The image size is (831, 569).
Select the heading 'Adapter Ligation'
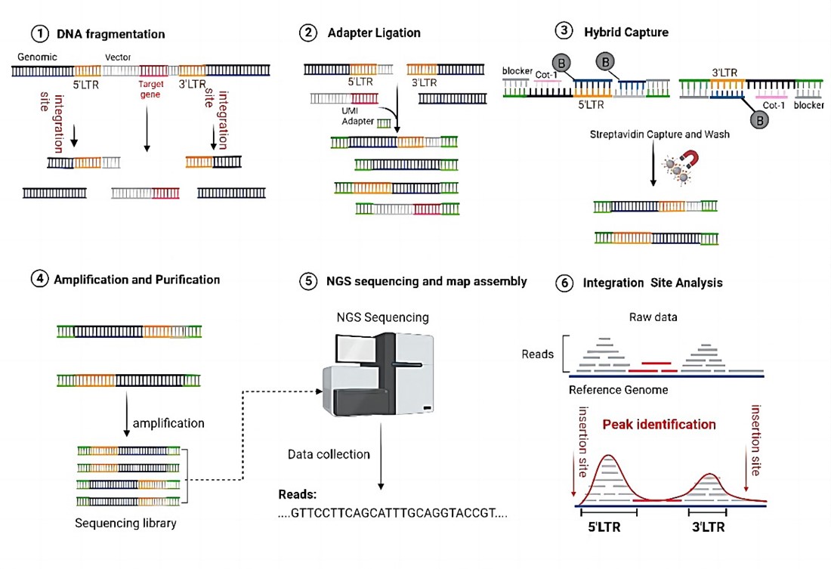[374, 33]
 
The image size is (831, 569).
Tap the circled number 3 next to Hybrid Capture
[564, 32]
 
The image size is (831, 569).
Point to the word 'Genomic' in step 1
[31, 58]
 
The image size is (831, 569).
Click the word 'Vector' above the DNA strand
[119, 58]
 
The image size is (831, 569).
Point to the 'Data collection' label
[329, 454]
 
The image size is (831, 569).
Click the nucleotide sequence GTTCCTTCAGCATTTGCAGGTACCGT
[393, 513]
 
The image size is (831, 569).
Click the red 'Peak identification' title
[659, 424]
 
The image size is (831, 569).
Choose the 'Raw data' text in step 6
[653, 317]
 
